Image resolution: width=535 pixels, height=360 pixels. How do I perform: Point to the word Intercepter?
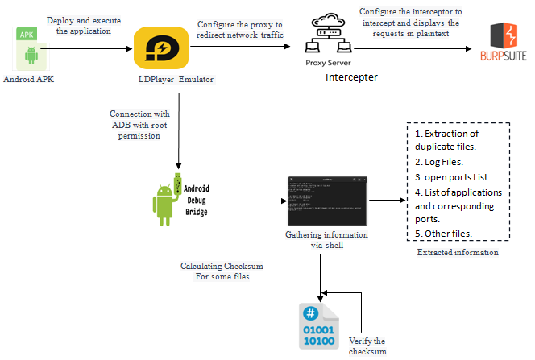pyautogui.click(x=351, y=77)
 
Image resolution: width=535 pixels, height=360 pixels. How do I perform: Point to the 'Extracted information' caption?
pyautogui.click(x=458, y=253)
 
